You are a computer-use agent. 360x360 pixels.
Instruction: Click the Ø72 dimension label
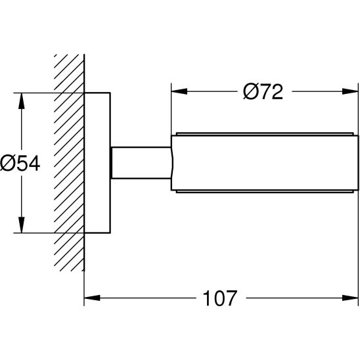click(263, 91)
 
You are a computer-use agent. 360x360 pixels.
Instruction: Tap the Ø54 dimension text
click(20, 162)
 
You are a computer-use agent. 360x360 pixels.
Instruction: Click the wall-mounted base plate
click(98, 162)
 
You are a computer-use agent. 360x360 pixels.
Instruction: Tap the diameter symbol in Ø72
click(250, 91)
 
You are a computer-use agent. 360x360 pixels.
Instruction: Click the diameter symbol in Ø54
click(8, 162)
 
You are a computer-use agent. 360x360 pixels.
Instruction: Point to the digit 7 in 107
click(229, 299)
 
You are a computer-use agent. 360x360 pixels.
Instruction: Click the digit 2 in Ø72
click(276, 91)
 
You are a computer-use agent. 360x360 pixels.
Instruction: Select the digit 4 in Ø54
click(34, 162)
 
